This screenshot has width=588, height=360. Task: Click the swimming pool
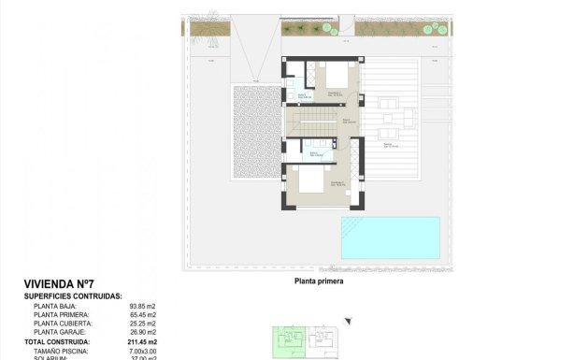tap(390, 238)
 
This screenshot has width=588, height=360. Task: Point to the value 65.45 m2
tap(143, 314)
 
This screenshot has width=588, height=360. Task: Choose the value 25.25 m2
tap(143, 324)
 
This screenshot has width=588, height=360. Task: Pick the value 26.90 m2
tap(143, 332)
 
